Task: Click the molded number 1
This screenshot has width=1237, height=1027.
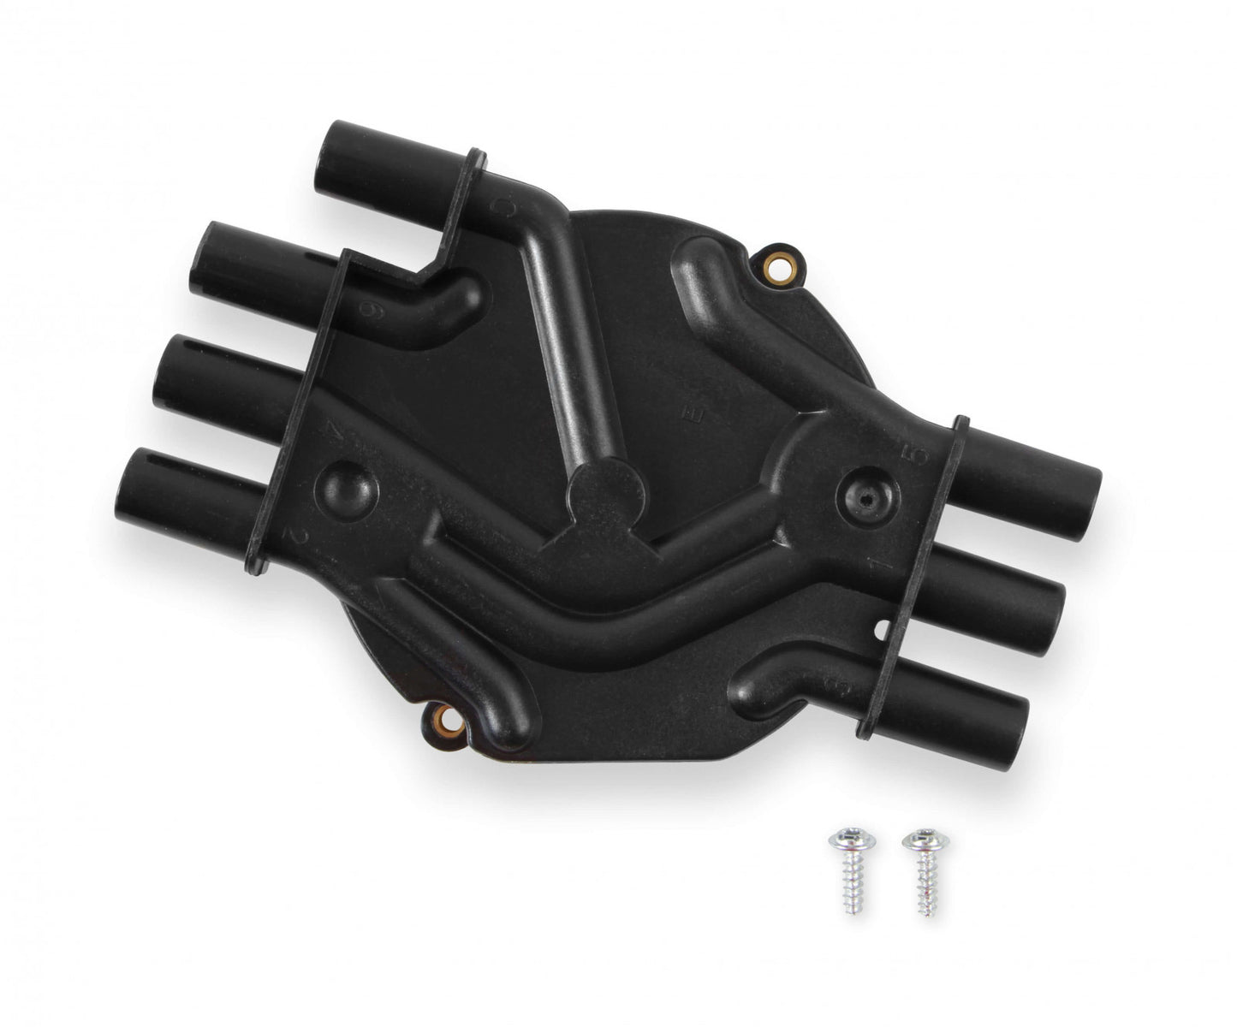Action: (x=878, y=565)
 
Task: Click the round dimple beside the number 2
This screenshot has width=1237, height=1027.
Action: (x=347, y=491)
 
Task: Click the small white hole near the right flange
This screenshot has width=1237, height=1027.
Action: (x=884, y=632)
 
